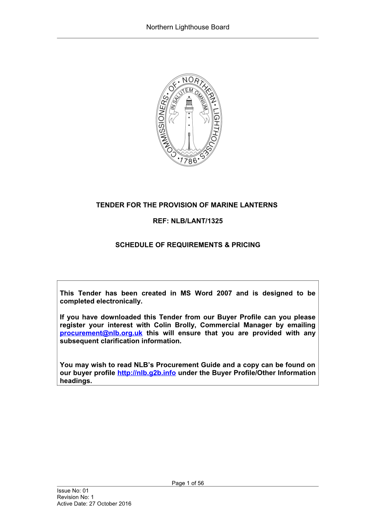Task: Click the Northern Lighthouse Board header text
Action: (187, 27)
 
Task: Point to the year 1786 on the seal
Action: (189, 161)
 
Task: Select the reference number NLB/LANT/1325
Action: (197, 221)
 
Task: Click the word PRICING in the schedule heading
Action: (246, 245)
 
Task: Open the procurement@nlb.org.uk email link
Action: (101, 333)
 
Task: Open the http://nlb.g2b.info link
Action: (146, 373)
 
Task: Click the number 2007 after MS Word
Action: (224, 293)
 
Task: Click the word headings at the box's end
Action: (76, 381)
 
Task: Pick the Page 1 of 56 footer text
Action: (187, 483)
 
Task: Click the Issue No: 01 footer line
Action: (73, 491)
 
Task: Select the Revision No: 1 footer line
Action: (75, 497)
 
